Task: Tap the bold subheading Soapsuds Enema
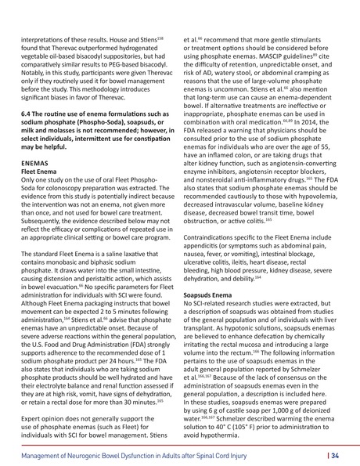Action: click(207, 295)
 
